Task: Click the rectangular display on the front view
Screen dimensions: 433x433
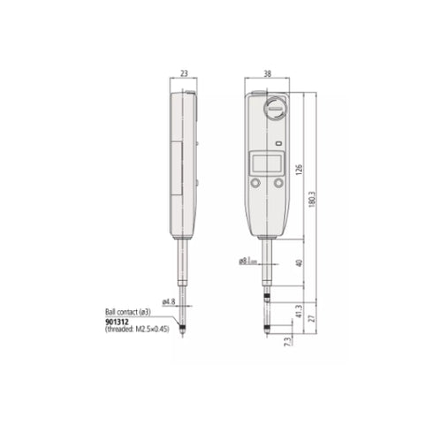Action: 267,163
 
